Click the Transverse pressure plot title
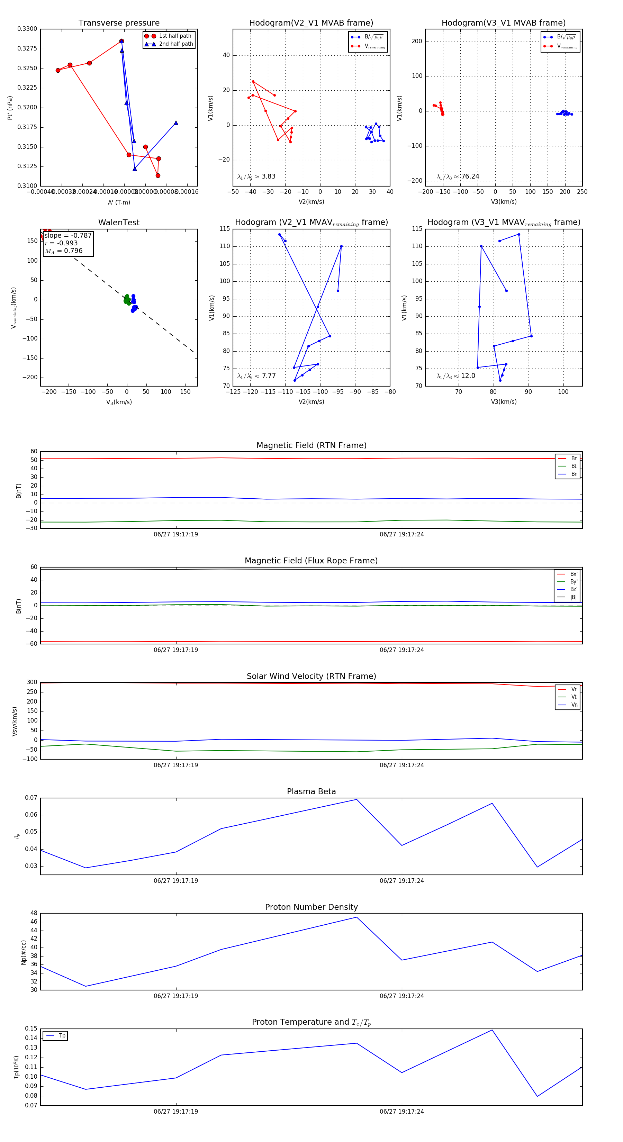click(x=119, y=23)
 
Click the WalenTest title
click(x=119, y=223)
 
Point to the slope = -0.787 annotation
click(x=68, y=235)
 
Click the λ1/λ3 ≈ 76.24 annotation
click(x=458, y=176)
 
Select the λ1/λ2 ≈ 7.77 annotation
click(x=256, y=376)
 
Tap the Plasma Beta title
click(x=311, y=791)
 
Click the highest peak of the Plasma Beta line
click(x=356, y=799)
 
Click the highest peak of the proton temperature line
click(x=492, y=1030)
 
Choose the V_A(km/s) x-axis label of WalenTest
click(x=119, y=402)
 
